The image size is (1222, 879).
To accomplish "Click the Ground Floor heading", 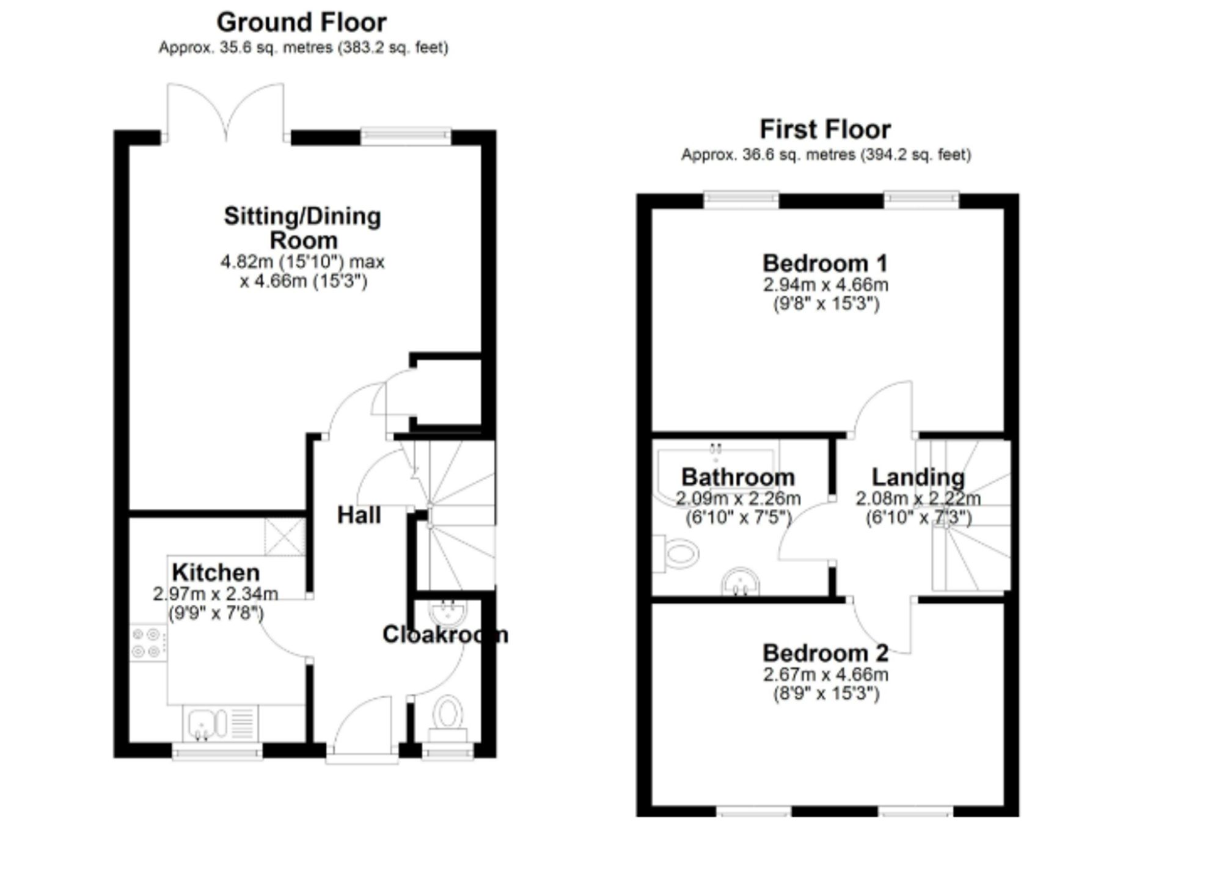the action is click(301, 23).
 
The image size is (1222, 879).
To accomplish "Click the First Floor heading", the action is click(825, 129).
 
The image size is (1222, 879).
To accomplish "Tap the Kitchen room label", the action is click(216, 572).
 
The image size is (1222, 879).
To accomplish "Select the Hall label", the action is click(359, 515).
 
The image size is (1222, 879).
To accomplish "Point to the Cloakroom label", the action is click(445, 635).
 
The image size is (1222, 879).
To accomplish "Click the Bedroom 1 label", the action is click(825, 263).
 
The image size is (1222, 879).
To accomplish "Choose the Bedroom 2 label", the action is click(825, 653).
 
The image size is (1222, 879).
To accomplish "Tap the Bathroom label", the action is click(738, 477).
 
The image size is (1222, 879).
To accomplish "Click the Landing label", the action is click(918, 477).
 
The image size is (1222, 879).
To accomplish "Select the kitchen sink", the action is click(221, 723).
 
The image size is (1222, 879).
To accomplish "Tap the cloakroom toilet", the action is click(448, 718).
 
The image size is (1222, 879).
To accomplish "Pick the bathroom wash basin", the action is click(741, 582).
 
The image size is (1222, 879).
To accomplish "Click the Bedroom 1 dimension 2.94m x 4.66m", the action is click(825, 285).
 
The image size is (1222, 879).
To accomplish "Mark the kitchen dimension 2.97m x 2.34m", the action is click(215, 593).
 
